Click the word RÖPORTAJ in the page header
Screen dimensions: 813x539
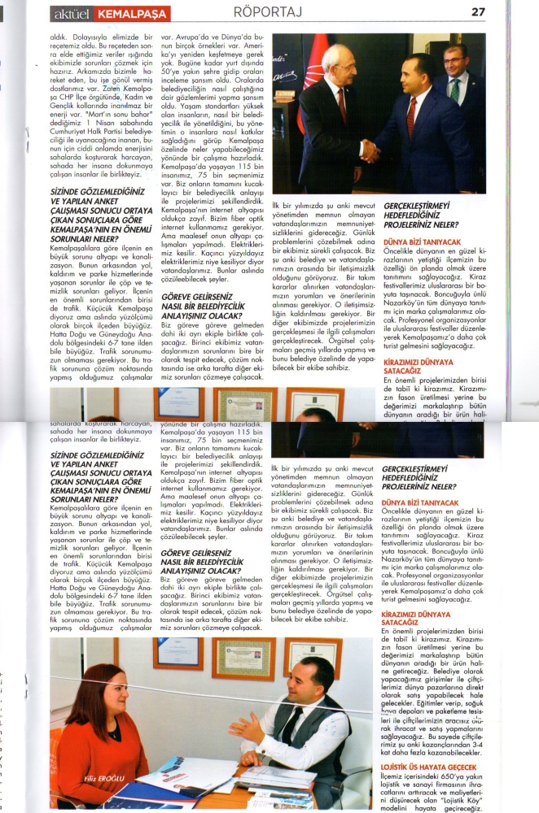tap(268, 11)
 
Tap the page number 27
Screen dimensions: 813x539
tap(478, 11)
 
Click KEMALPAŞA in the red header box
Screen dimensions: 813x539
tap(131, 14)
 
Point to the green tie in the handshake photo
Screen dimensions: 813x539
tap(454, 87)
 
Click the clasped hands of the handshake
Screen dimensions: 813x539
tap(370, 150)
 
